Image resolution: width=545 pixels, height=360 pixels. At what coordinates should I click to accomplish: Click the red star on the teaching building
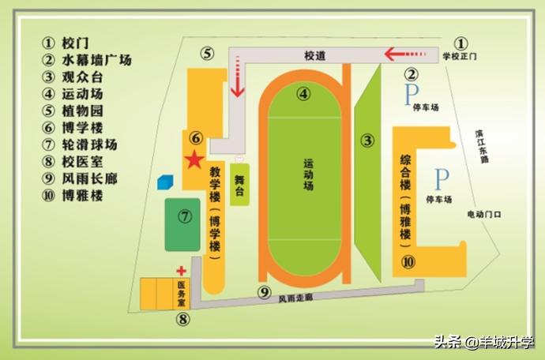[x=192, y=160]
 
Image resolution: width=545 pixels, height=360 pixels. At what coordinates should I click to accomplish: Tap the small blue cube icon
[x=164, y=182]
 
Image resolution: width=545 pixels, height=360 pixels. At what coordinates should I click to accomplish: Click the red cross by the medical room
[x=181, y=271]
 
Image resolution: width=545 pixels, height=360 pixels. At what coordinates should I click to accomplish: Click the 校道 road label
[x=316, y=55]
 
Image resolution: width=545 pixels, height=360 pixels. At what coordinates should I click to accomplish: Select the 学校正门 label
[x=460, y=57]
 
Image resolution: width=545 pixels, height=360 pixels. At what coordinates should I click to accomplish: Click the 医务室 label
[x=181, y=294]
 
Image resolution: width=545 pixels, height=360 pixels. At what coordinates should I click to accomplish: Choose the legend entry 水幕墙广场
[x=96, y=60]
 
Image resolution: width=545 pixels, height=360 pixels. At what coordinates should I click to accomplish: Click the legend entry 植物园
[x=82, y=111]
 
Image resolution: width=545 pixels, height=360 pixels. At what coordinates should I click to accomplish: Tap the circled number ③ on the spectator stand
[x=367, y=141]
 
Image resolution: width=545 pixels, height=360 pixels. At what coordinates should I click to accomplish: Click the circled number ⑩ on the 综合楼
[x=408, y=261]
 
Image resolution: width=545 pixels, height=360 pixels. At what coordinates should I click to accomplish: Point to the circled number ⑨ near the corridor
[x=265, y=292]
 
